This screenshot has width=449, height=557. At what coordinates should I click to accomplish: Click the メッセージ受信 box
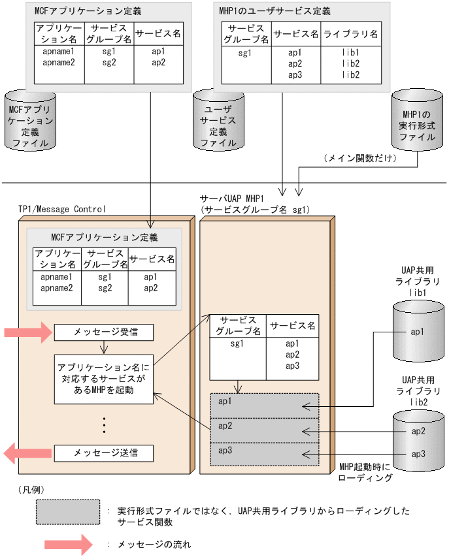pos(104,332)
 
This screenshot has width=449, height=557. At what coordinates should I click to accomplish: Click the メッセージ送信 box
pos(104,453)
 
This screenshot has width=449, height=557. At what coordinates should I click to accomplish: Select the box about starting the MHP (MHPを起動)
pos(104,379)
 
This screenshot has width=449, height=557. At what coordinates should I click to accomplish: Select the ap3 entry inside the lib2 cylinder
pos(418,454)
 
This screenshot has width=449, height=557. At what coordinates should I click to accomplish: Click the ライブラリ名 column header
pos(352,33)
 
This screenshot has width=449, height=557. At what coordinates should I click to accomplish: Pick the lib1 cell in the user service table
pos(352,52)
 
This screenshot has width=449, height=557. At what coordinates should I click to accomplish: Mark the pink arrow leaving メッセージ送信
pos(27,453)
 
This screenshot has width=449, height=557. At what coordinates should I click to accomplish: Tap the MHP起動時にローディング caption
pos(366,473)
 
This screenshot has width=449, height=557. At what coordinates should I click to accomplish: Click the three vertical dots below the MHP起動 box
pos(104,425)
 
